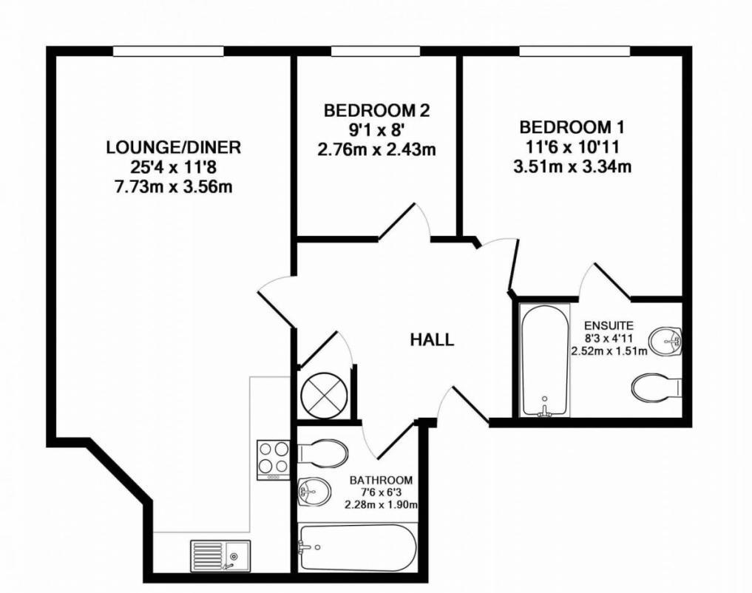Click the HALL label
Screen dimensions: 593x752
coord(432,340)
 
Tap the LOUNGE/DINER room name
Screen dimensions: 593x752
coord(173,147)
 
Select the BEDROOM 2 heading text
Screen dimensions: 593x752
coord(376,111)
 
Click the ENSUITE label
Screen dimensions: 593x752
coord(607,325)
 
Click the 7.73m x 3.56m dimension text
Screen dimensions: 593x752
coord(173,186)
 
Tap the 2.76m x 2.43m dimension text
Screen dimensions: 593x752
coord(376,149)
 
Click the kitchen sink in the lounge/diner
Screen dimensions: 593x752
coord(221,553)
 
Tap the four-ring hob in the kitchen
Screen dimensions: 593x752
coord(274,459)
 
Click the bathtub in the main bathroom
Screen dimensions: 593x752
coord(357,548)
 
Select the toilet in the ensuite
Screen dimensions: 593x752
coord(654,387)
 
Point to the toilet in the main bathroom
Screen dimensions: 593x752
coord(323,452)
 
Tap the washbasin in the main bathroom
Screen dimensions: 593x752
coord(314,490)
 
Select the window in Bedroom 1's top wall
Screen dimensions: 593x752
coord(575,51)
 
